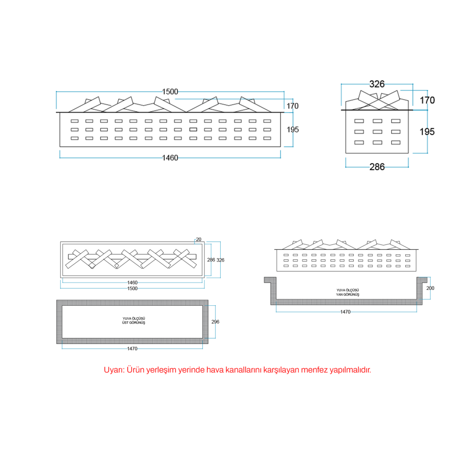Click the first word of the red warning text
[114, 370]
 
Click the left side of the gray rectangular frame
[59, 322]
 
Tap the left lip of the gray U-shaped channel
[270, 280]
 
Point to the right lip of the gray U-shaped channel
[422, 280]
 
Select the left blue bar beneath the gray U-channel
[308, 317]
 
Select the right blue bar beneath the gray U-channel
[384, 317]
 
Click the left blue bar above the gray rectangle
[94, 286]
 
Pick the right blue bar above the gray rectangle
[170, 286]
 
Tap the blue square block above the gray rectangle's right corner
[213, 284]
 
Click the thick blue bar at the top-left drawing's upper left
[109, 94]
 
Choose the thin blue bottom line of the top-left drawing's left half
[111, 159]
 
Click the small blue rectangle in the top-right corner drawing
[414, 93]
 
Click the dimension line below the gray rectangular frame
[132, 349]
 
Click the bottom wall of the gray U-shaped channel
[346, 301]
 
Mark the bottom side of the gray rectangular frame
[132, 340]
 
